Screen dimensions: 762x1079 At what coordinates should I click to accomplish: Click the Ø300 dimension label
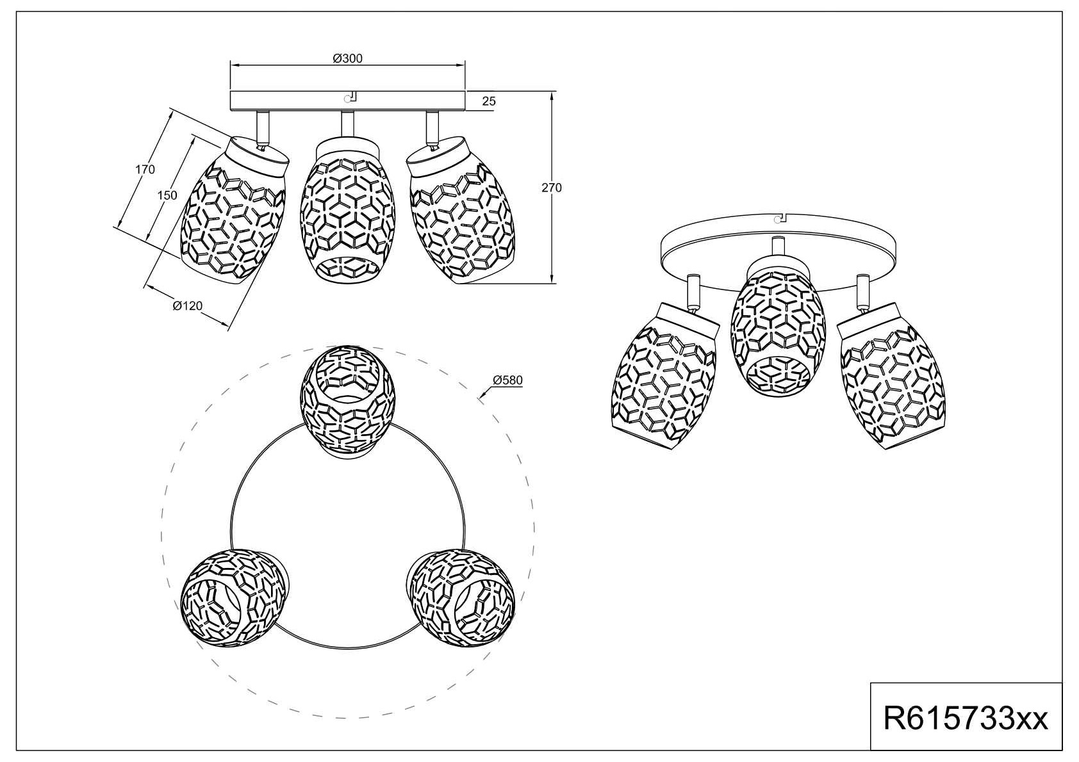[x=347, y=58]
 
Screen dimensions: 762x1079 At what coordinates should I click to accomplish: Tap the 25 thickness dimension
[x=489, y=101]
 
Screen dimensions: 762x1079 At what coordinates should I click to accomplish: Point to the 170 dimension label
[x=145, y=170]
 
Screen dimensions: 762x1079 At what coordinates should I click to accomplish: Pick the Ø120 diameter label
[x=187, y=305]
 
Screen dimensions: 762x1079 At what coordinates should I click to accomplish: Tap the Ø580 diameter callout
[x=507, y=380]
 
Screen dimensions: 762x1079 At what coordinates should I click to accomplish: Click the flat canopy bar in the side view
[x=347, y=100]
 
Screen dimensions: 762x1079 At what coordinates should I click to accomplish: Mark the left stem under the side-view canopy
[x=263, y=126]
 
